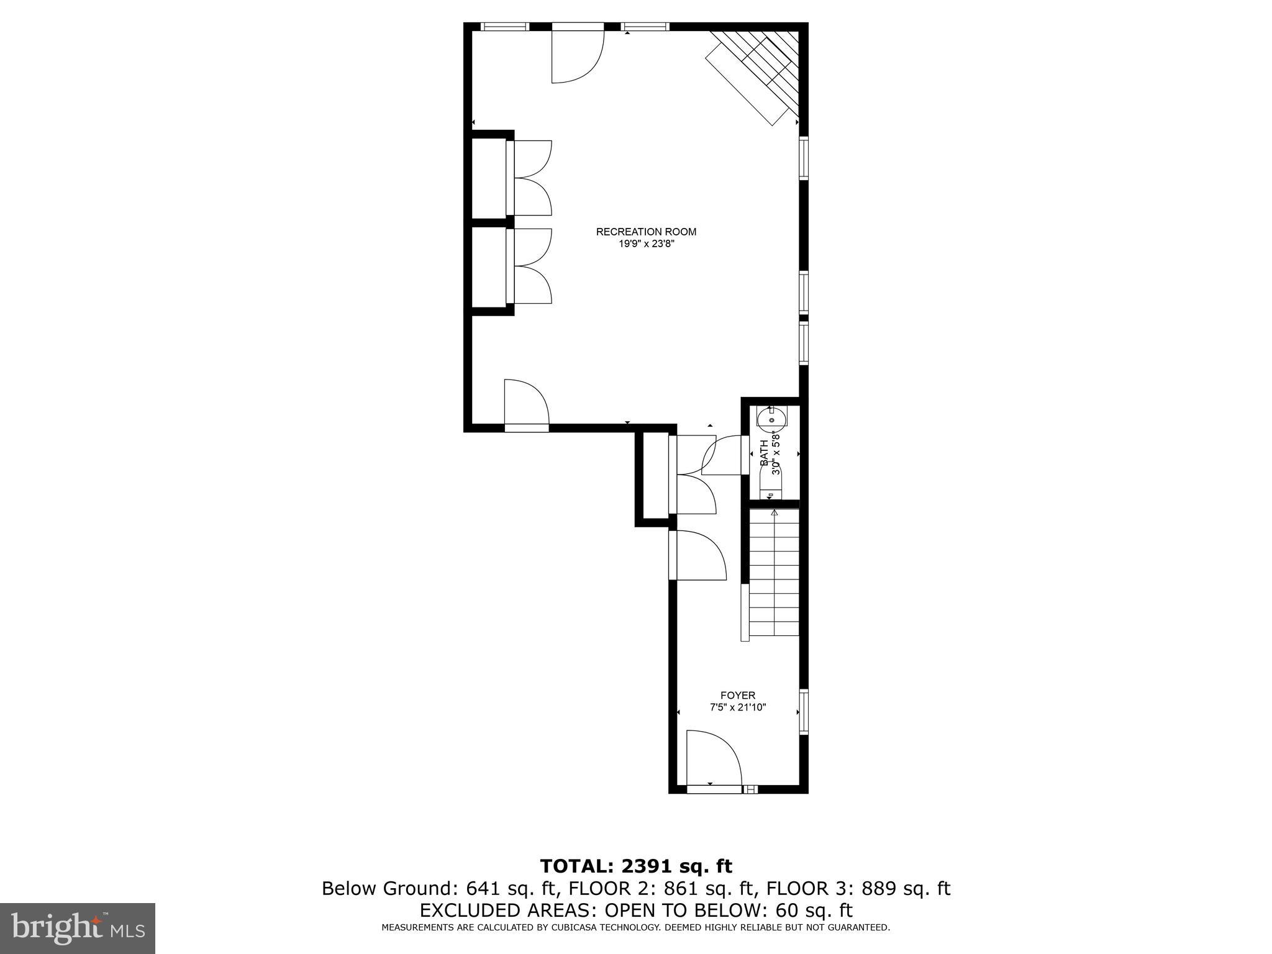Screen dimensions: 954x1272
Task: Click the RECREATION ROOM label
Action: pyautogui.click(x=646, y=232)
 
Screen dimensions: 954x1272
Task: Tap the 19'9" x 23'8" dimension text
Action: pyautogui.click(x=646, y=244)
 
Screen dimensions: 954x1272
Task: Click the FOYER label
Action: pyautogui.click(x=738, y=695)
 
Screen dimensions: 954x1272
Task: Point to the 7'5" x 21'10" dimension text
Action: pyautogui.click(x=738, y=707)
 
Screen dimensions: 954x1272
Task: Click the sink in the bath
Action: pyautogui.click(x=771, y=417)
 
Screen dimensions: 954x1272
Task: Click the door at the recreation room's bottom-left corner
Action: pyautogui.click(x=526, y=404)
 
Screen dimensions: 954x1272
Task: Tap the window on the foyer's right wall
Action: pyautogui.click(x=804, y=711)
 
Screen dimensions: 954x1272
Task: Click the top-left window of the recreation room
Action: pyautogui.click(x=505, y=27)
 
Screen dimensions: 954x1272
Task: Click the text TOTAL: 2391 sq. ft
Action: pyautogui.click(x=636, y=866)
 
